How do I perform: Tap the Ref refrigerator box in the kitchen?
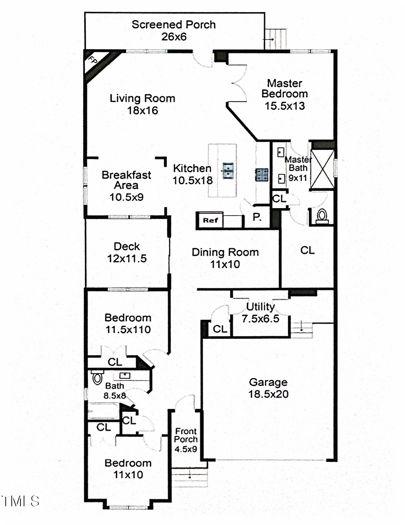point(210,220)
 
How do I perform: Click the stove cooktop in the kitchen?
point(262,174)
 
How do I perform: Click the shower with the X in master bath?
point(322,169)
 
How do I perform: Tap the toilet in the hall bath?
point(97,377)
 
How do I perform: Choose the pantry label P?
point(257,217)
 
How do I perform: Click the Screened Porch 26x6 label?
point(174,30)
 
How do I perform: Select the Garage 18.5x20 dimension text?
point(268,394)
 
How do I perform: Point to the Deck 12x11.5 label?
point(127,252)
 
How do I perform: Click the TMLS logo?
point(21,501)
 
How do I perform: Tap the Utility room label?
point(260,307)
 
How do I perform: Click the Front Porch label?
point(186,435)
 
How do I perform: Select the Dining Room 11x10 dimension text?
point(225,264)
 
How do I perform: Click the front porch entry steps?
point(189,477)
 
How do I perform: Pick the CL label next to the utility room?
point(220,329)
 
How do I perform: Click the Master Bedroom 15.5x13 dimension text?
point(285,106)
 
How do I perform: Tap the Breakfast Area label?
point(126,180)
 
